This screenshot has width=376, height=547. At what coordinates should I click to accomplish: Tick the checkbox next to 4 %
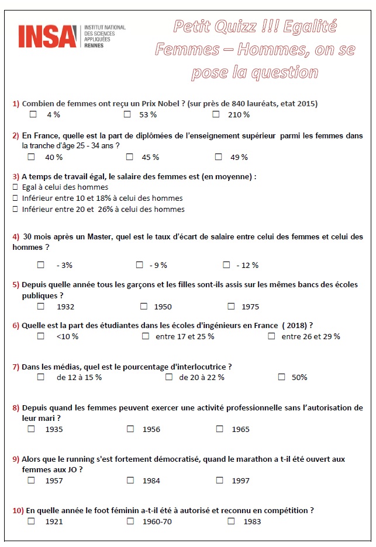pyautogui.click(x=33, y=114)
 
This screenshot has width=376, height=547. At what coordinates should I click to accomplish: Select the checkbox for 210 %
pyautogui.click(x=216, y=114)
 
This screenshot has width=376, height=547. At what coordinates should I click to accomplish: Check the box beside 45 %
pyautogui.click(x=130, y=156)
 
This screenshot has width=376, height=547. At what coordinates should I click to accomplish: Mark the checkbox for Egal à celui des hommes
pyautogui.click(x=15, y=187)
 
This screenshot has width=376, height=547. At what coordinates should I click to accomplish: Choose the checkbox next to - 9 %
pyautogui.click(x=140, y=264)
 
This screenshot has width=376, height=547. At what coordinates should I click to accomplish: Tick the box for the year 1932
pyautogui.click(x=40, y=306)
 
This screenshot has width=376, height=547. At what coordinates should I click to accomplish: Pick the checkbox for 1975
pyautogui.click(x=231, y=306)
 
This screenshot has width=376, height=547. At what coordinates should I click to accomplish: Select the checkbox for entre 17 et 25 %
pyautogui.click(x=146, y=336)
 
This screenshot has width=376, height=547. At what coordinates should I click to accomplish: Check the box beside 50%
pyautogui.click(x=281, y=377)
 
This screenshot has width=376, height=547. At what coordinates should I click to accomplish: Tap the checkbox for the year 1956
pyautogui.click(x=130, y=428)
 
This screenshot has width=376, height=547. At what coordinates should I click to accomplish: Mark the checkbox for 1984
pyautogui.click(x=130, y=480)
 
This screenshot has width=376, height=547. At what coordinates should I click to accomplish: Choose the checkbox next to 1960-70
pyautogui.click(x=130, y=521)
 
